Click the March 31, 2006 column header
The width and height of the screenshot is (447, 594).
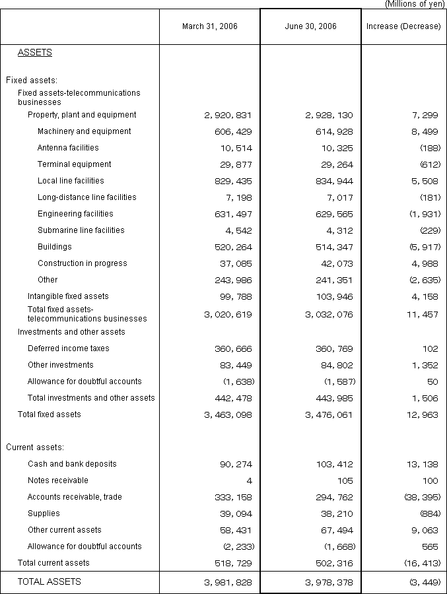click(x=210, y=26)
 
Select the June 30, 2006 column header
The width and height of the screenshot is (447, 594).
click(x=310, y=26)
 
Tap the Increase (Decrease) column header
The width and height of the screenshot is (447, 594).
click(x=403, y=26)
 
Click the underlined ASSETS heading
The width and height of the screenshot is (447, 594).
click(x=35, y=53)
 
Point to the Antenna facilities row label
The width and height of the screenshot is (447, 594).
click(x=68, y=148)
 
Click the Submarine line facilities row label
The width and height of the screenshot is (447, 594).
click(x=81, y=230)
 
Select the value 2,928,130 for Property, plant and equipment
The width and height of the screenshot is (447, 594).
click(x=329, y=115)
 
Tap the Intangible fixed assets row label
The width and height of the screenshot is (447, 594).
click(x=68, y=296)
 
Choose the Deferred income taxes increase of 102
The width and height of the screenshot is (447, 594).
click(x=430, y=348)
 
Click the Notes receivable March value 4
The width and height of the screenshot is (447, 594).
click(x=249, y=480)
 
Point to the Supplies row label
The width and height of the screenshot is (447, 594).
click(x=44, y=513)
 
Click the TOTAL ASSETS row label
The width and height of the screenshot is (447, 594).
click(x=50, y=581)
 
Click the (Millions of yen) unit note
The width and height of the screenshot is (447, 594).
click(x=415, y=4)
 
